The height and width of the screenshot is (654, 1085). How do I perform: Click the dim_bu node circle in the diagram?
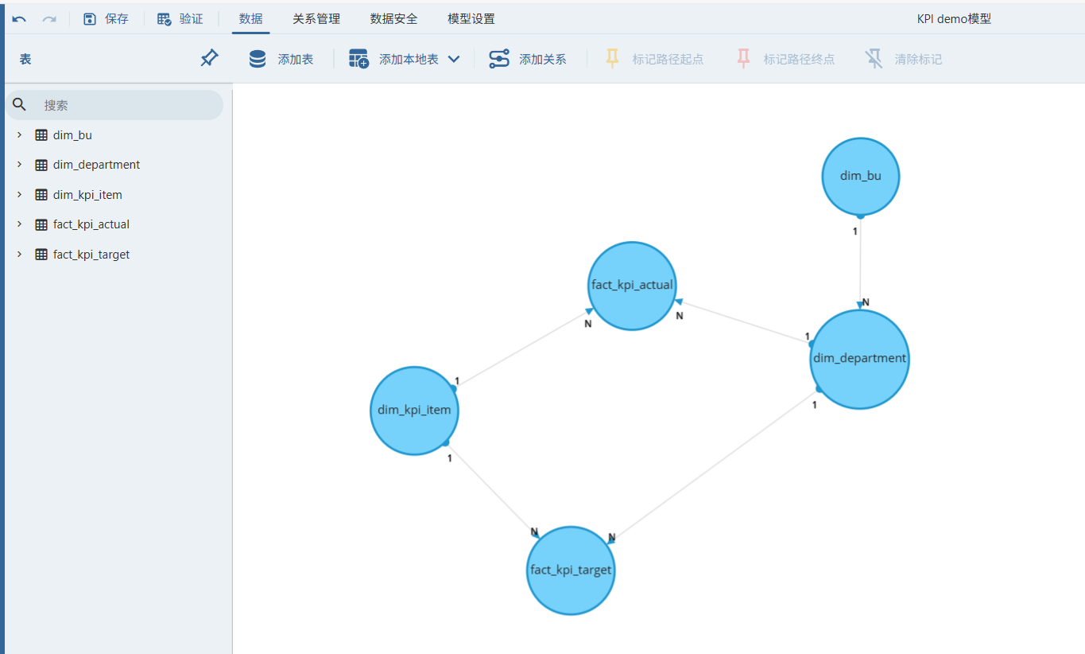[x=860, y=177]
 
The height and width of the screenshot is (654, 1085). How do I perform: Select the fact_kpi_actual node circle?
[x=632, y=286]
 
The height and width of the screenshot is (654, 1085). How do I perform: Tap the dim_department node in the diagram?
[x=859, y=360]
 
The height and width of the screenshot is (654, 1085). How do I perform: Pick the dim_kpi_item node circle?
[x=414, y=411]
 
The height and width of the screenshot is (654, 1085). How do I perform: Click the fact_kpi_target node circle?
[x=571, y=570]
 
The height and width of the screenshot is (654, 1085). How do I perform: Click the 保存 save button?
[x=106, y=19]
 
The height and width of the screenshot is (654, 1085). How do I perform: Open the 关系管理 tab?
[x=316, y=19]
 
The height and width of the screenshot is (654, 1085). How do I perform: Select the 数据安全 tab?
[x=393, y=19]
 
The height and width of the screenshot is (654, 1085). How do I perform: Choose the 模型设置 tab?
[x=471, y=19]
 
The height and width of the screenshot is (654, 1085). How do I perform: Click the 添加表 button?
[x=281, y=59]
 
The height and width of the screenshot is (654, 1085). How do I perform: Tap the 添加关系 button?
[x=528, y=59]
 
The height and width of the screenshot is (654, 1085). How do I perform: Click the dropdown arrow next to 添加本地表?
[x=454, y=59]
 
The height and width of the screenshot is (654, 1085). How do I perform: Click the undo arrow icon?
[x=19, y=19]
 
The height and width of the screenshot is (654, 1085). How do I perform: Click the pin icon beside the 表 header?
[x=209, y=58]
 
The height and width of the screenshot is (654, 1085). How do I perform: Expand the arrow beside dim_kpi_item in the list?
[x=19, y=194]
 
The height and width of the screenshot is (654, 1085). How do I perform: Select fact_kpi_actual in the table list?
[x=91, y=224]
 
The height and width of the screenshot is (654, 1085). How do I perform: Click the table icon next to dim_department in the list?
[x=41, y=165]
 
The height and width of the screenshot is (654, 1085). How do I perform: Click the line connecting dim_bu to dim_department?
[x=860, y=262]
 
